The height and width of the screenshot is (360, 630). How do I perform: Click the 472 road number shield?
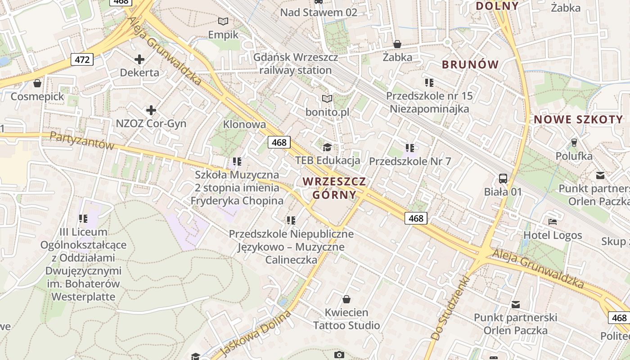pos(82,59)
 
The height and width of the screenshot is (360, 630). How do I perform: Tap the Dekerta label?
pos(139,72)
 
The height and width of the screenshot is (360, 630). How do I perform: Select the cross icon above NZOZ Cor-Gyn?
pos(151,110)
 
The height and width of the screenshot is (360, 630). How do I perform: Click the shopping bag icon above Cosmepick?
pos(37,83)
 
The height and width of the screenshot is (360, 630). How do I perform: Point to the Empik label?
pos(223,35)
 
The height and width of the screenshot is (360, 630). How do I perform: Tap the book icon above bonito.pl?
pos(327,99)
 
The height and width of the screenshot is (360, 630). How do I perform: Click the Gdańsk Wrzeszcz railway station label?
pos(295,64)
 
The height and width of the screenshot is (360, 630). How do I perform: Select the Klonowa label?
pos(244,124)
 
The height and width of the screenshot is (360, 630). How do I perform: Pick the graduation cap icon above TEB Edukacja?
pos(327,147)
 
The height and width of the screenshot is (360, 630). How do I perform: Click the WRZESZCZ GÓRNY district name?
pos(334,188)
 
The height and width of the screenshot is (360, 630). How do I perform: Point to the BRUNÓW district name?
pos(470,64)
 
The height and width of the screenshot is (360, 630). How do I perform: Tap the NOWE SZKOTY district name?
pos(578,119)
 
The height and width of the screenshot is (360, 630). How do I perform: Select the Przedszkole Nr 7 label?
pos(410,161)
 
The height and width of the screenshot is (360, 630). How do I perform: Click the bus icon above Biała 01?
pos(503,178)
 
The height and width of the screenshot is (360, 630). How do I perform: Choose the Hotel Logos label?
pos(553,235)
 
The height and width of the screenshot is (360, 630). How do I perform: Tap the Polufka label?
pos(574,157)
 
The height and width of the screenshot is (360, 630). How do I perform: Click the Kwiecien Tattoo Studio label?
pos(346,319)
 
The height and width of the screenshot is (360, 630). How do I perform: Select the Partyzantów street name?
pos(82,141)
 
